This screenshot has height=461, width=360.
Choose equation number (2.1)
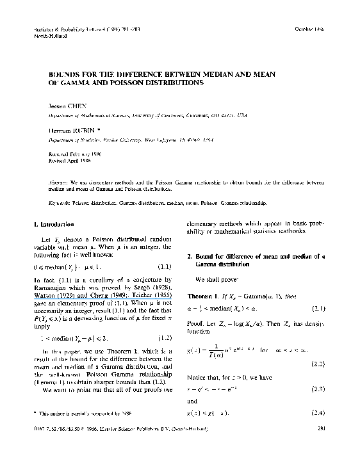(318, 309)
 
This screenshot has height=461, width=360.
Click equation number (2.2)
(318, 364)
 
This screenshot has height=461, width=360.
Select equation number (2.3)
(318, 389)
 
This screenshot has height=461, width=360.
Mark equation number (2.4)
(318, 414)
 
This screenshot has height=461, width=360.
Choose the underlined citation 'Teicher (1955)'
(147, 295)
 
